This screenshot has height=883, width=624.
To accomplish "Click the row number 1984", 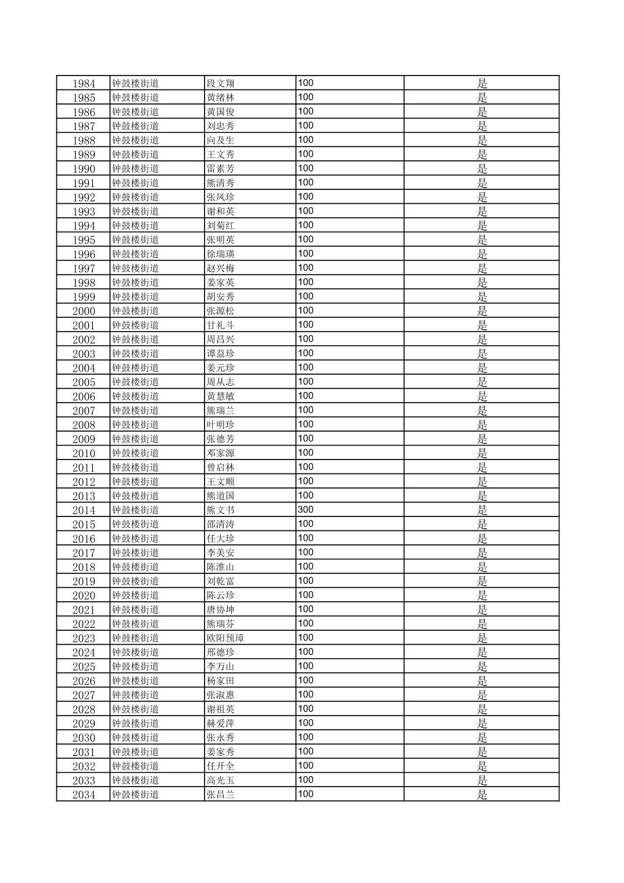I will (x=84, y=84).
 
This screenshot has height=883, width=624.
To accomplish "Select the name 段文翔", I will (x=221, y=84).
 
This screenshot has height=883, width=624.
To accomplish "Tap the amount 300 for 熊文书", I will (x=306, y=509).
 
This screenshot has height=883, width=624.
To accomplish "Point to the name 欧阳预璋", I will (x=225, y=638).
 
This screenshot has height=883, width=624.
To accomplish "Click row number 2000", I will (x=84, y=311).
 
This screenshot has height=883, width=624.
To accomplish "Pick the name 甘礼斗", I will (x=221, y=325).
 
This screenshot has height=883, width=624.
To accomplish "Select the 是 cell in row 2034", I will (x=482, y=795).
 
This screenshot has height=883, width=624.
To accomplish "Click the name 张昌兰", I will (x=221, y=795).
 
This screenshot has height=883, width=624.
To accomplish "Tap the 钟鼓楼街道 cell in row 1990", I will (x=135, y=169).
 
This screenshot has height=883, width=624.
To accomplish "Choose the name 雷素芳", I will (x=221, y=169).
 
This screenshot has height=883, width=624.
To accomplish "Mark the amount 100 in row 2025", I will (x=306, y=666).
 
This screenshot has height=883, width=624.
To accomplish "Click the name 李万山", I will (x=221, y=666).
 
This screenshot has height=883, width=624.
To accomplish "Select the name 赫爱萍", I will (x=221, y=723).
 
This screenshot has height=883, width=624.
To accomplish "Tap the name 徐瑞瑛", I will (x=221, y=254).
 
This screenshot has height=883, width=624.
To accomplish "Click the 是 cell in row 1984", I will (x=482, y=84).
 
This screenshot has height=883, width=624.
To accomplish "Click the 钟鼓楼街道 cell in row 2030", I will (x=135, y=738).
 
